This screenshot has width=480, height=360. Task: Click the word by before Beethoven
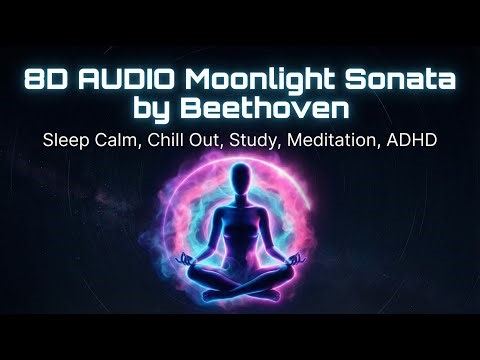168,106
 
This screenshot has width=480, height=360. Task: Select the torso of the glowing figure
241,225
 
